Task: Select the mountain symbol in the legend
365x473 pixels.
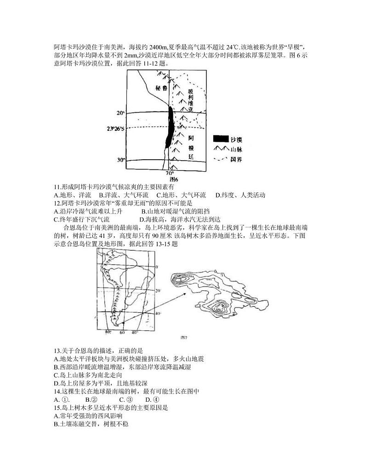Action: pyautogui.click(x=222, y=149)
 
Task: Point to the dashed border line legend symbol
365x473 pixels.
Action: pyautogui.click(x=222, y=159)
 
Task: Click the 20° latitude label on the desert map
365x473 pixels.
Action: pyautogui.click(x=120, y=113)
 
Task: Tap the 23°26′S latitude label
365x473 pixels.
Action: pyautogui.click(x=116, y=129)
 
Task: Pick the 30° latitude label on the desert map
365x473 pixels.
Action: pyautogui.click(x=120, y=160)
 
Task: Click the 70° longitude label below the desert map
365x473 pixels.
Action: pyautogui.click(x=170, y=173)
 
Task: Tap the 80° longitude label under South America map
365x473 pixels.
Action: pyautogui.click(x=108, y=332)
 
